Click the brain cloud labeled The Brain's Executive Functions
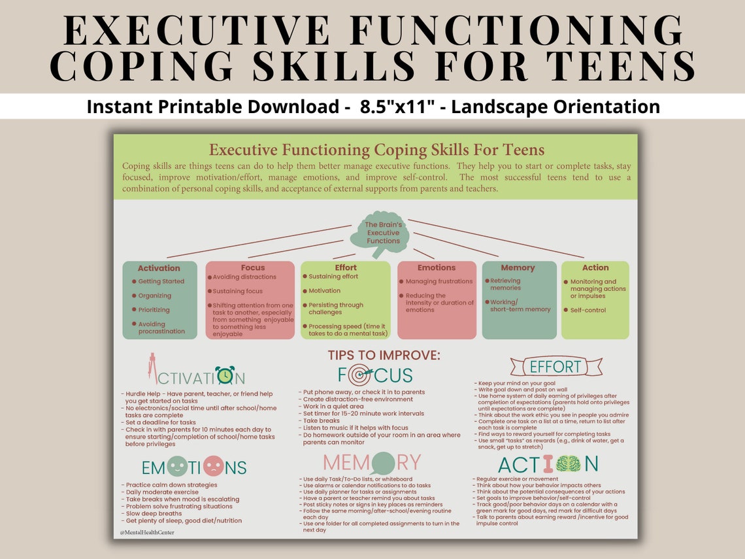(x=383, y=233)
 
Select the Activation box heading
(x=159, y=268)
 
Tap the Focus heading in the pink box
(x=252, y=267)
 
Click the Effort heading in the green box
(x=346, y=267)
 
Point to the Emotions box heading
(x=436, y=267)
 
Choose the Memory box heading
(x=518, y=267)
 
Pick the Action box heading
(x=595, y=267)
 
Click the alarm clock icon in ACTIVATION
(x=225, y=375)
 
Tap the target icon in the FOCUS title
(x=360, y=375)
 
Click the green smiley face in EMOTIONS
(x=177, y=466)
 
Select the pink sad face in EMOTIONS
(x=214, y=466)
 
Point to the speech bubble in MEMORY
(x=383, y=463)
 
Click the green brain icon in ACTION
(x=567, y=464)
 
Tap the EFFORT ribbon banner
(x=555, y=366)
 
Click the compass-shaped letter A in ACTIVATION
(x=152, y=368)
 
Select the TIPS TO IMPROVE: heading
(x=384, y=356)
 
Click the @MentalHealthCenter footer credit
(x=147, y=532)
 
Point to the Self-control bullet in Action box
(x=588, y=310)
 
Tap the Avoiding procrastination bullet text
(x=161, y=328)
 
